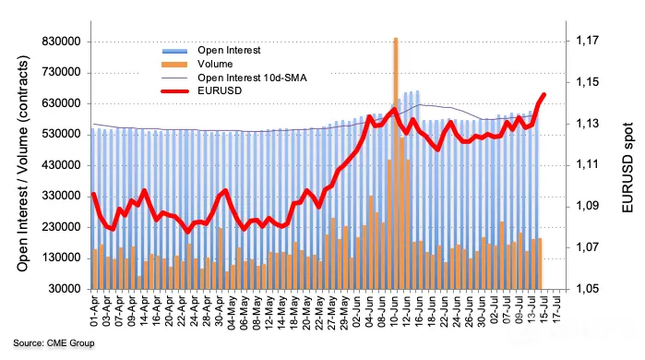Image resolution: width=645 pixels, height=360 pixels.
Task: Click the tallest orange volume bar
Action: [x=396, y=163]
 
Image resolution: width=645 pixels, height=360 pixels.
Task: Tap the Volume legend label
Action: [x=215, y=65]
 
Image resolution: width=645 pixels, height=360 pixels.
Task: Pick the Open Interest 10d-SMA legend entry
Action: [x=252, y=78]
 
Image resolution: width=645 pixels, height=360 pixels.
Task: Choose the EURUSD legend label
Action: [x=220, y=91]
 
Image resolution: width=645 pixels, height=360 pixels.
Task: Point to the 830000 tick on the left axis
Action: [x=61, y=42]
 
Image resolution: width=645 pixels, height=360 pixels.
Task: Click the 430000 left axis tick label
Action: [x=61, y=165]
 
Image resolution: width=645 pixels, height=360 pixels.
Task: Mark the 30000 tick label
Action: [x=65, y=289]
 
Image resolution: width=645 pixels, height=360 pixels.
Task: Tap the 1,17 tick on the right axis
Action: [x=577, y=41]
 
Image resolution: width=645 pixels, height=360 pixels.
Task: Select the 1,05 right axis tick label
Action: [x=577, y=289]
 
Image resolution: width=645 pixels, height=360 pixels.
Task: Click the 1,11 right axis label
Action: [x=577, y=165]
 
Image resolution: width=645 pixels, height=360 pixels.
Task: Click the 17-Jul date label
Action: [x=557, y=309]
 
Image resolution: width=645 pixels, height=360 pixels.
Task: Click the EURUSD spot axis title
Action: [x=627, y=167]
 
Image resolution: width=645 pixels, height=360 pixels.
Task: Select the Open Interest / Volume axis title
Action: [x=23, y=163]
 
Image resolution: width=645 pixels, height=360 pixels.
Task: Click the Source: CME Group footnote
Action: [x=54, y=342]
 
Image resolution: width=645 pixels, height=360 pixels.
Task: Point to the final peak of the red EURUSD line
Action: [x=543, y=95]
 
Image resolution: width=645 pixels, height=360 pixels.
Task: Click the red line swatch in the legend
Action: [x=175, y=91]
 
